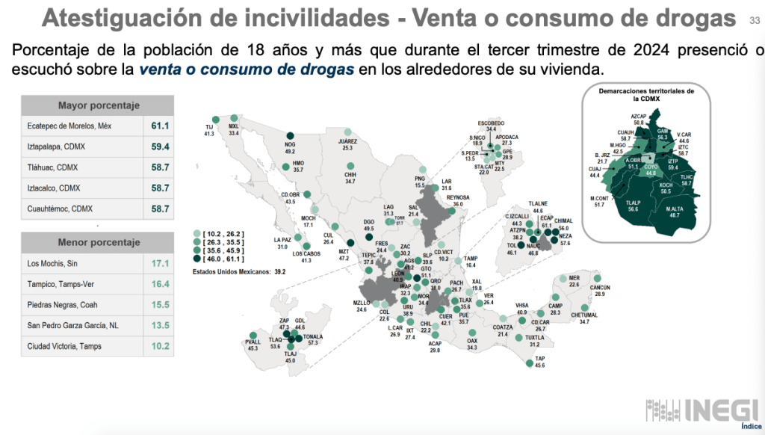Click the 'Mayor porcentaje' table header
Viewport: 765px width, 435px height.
[x=99, y=105]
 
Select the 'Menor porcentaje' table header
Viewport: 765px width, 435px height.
[x=99, y=242]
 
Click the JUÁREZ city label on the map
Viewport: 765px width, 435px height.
[x=347, y=141]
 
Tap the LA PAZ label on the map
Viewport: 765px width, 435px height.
[x=281, y=239]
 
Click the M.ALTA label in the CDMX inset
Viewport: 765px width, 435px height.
[x=678, y=208]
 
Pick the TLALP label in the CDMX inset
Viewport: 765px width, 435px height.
[x=634, y=202]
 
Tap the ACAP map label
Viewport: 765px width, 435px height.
[x=436, y=343]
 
